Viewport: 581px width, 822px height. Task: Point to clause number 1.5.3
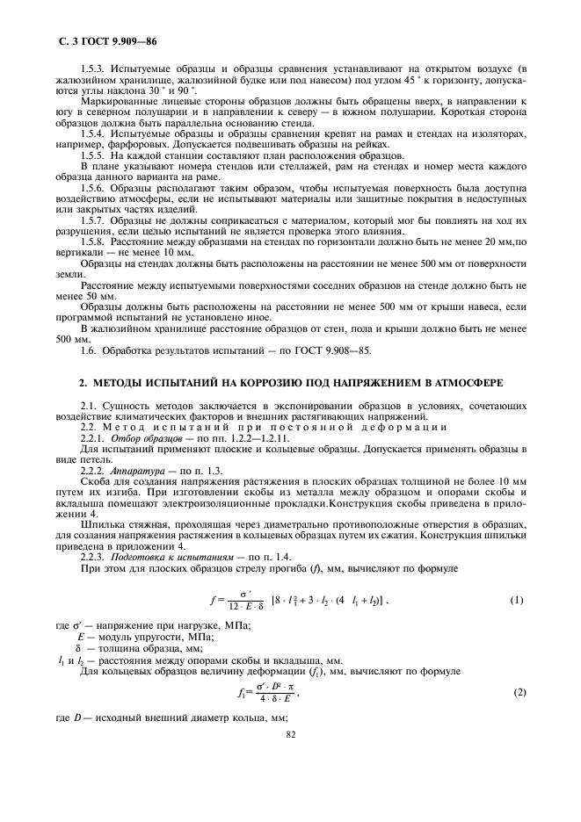91,68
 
